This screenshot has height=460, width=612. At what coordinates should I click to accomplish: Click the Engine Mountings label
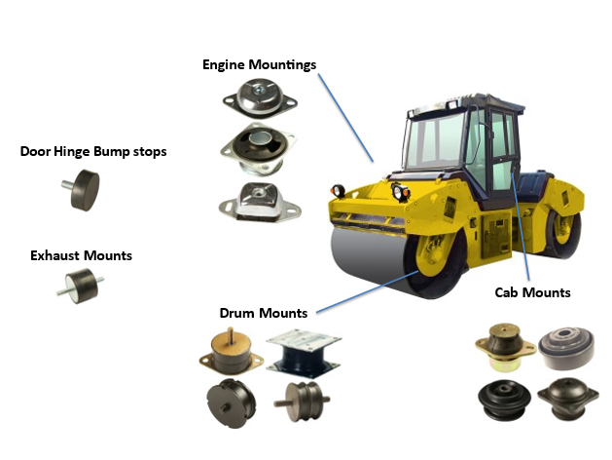259,64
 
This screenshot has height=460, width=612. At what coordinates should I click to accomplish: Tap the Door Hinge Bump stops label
93,151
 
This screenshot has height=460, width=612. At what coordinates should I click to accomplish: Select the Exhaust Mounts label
81,255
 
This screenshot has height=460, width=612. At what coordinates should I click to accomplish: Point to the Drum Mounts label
263,313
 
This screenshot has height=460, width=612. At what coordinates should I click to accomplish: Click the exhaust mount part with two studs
80,286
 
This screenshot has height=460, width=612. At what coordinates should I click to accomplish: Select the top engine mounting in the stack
258,100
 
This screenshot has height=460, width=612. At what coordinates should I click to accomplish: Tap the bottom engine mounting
258,199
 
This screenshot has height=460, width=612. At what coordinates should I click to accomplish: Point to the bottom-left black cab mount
504,399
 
